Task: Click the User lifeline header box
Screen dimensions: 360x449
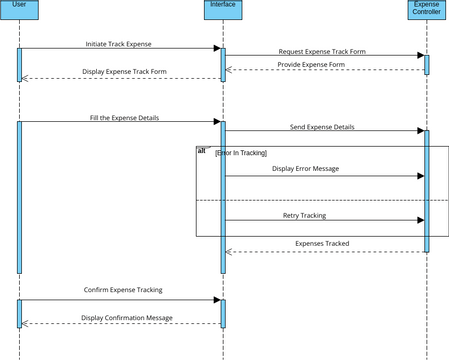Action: tap(19, 10)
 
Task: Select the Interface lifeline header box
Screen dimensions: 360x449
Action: tap(223, 10)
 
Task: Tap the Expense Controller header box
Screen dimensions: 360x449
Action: tap(427, 10)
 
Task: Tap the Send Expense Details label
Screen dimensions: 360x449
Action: tap(322, 127)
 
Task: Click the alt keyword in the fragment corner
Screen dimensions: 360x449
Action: tap(203, 150)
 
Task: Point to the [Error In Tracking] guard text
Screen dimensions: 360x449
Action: tap(240, 152)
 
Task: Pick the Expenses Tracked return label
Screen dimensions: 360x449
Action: tap(322, 243)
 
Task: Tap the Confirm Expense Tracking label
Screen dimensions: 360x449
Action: tap(122, 290)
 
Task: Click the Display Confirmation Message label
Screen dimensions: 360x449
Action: tap(126, 318)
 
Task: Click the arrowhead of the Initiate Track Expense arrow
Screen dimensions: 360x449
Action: tap(216, 48)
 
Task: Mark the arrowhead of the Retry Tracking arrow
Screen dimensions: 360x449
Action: tap(420, 220)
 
